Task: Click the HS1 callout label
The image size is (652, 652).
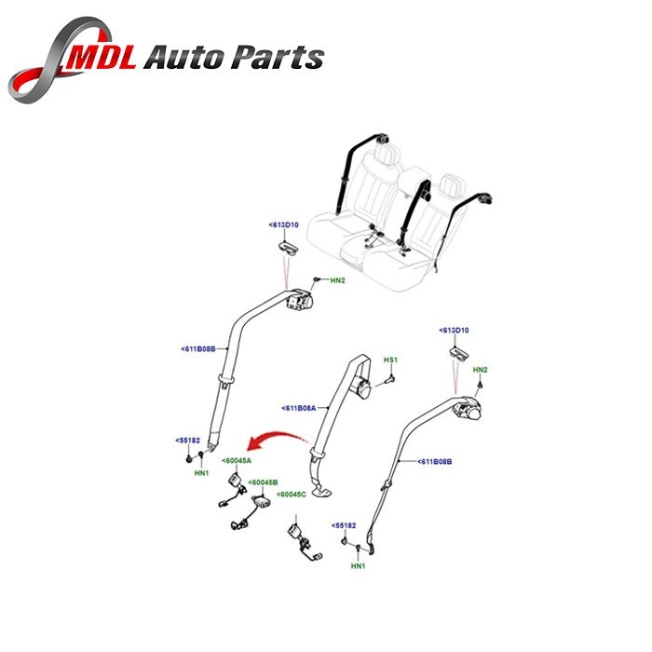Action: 391,360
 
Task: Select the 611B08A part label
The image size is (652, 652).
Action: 300,408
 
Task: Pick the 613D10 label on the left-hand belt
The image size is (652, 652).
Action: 284,225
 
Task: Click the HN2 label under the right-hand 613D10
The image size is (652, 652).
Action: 481,371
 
